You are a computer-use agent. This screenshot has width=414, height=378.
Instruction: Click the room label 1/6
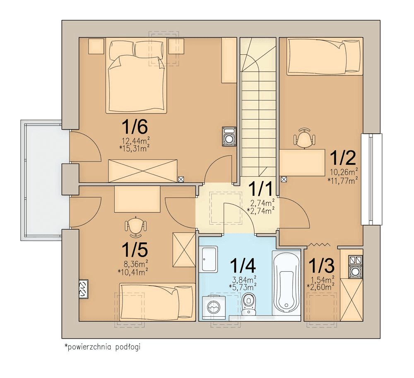(135, 127)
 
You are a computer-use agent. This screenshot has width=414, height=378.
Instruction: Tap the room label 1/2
(343, 158)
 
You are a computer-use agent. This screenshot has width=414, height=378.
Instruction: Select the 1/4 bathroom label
(243, 265)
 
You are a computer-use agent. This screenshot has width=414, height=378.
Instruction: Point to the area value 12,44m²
(134, 141)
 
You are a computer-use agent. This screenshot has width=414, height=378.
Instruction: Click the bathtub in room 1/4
(286, 283)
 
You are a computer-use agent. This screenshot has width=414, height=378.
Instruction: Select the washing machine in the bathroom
(214, 305)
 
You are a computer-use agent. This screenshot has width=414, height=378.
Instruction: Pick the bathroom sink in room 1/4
(209, 259)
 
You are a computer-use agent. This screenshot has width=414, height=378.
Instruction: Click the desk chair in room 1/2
(304, 138)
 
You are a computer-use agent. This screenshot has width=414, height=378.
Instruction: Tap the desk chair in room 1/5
(136, 226)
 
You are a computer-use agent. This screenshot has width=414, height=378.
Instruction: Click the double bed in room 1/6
(136, 75)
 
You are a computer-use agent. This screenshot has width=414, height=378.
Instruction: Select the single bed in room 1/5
(157, 302)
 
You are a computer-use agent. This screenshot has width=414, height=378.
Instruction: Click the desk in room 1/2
(302, 162)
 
